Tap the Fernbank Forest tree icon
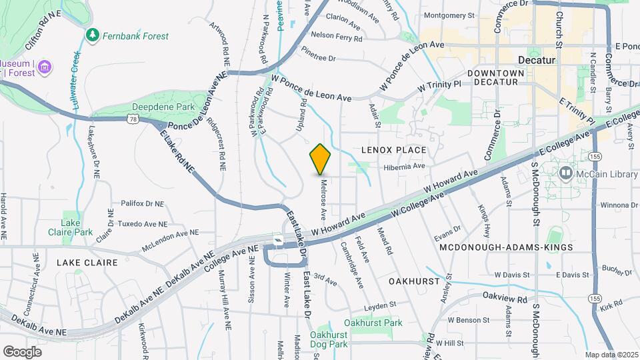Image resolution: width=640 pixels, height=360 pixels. pyautogui.click(x=93, y=33)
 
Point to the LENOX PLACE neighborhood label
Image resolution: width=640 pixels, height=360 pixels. pyautogui.click(x=393, y=151)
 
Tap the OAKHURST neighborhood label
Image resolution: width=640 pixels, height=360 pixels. pyautogui.click(x=415, y=281)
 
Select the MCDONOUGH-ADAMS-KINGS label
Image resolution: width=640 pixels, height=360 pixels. pyautogui.click(x=506, y=247)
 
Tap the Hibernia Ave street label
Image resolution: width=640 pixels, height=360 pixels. pyautogui.click(x=404, y=166)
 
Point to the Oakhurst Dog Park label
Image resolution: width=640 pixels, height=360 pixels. pyautogui.click(x=329, y=340)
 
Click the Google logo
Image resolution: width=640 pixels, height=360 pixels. pyautogui.click(x=22, y=351)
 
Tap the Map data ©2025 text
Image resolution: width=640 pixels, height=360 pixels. pyautogui.click(x=611, y=355)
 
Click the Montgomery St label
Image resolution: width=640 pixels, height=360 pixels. pyautogui.click(x=449, y=15)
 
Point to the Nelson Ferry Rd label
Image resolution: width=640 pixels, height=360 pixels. pyautogui.click(x=336, y=35)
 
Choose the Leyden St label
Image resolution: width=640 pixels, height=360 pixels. pyautogui.click(x=380, y=304)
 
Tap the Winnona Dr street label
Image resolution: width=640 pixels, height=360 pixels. pyautogui.click(x=619, y=205)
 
